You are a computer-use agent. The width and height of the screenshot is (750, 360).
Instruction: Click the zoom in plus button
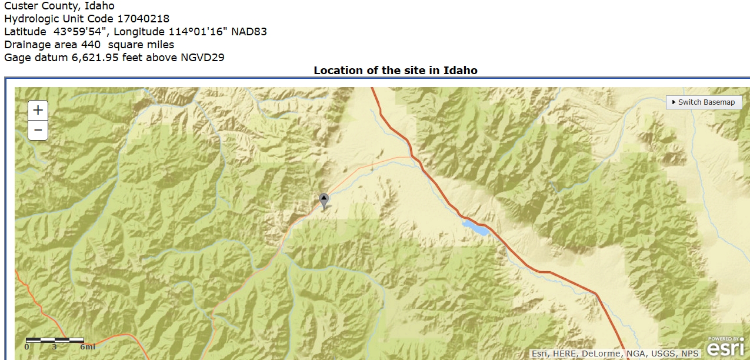(38, 110)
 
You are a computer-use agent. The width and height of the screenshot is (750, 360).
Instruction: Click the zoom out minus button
(38, 130)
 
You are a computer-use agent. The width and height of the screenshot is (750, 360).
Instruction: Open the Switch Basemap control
(704, 102)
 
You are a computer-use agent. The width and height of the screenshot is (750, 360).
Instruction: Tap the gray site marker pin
(324, 200)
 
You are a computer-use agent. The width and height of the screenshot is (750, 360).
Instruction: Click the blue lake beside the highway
(475, 228)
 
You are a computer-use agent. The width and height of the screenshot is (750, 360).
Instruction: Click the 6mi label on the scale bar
(87, 347)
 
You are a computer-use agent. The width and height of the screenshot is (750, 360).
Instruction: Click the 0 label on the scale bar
(26, 347)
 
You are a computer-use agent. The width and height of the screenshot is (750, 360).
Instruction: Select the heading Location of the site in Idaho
(395, 71)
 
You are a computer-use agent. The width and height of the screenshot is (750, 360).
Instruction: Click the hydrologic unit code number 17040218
(143, 19)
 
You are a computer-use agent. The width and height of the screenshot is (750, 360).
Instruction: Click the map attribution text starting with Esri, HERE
(615, 354)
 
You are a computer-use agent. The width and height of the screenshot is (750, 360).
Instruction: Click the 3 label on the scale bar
(54, 347)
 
